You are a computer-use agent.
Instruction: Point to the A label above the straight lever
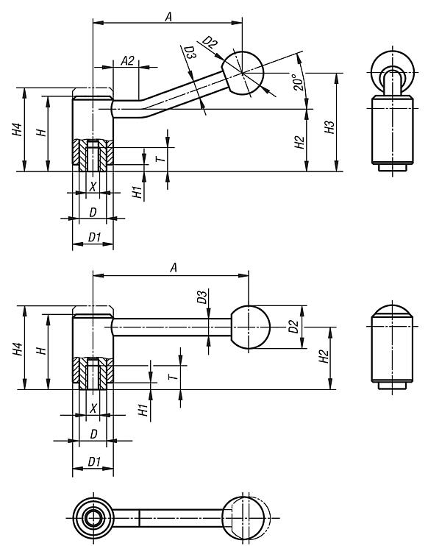coord(174,268)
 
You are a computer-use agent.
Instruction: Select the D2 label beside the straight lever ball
coord(293,326)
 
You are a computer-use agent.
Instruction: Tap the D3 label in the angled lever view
coord(189,54)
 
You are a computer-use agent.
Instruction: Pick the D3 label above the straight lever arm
coord(201,297)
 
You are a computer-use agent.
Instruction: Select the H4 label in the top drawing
coord(15,131)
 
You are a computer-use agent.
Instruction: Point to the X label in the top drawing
coord(93,185)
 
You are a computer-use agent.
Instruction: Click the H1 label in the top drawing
coord(135,192)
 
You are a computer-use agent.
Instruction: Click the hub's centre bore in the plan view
coord(93,518)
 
